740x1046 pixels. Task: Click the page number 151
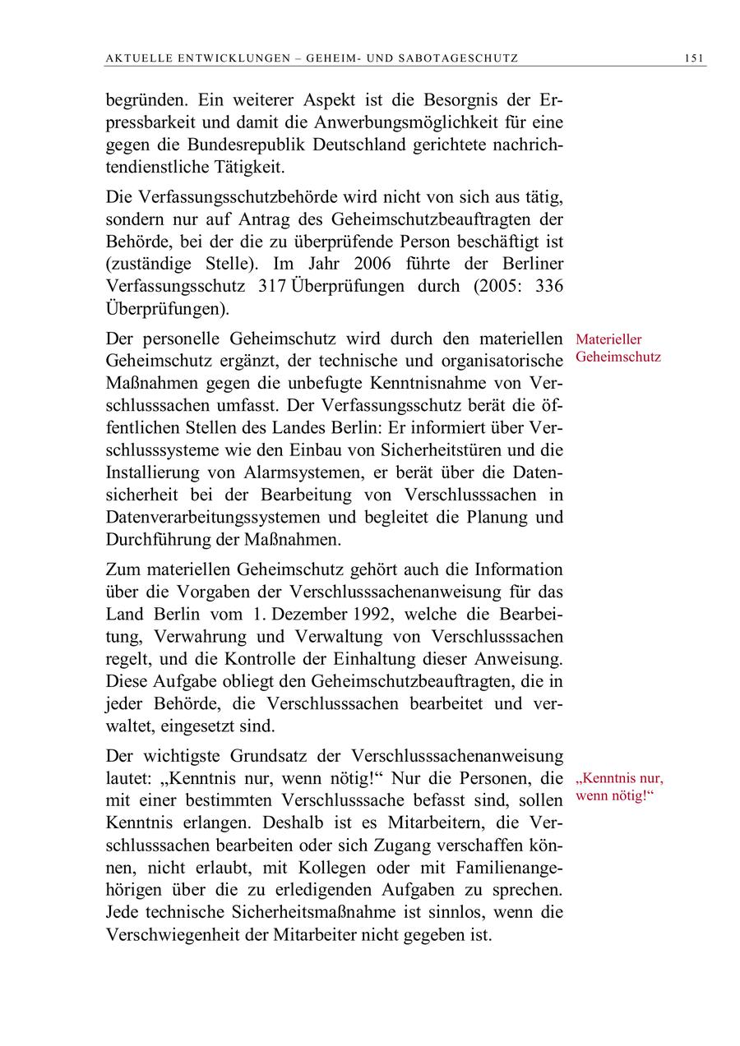coord(694,58)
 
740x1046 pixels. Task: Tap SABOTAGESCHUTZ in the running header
coord(460,58)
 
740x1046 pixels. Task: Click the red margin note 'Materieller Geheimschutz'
coord(617,348)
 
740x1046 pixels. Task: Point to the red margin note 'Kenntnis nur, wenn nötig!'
coord(619,787)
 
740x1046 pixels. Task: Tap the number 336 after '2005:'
coord(548,286)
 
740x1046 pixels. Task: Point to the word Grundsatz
coord(303,755)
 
